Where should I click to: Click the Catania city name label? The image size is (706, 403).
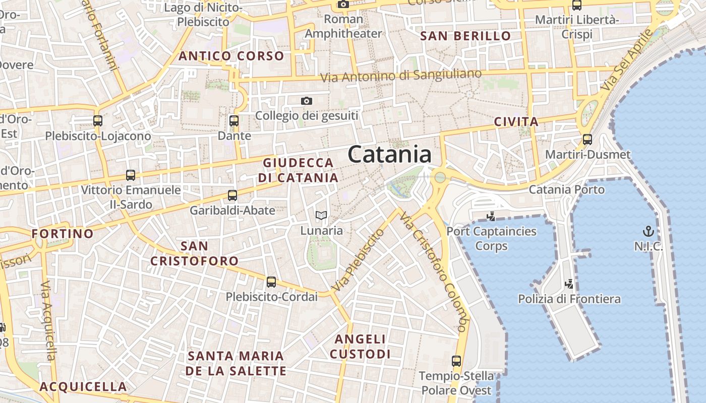[x=389, y=154]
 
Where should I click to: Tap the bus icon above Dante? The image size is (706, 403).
[x=233, y=121]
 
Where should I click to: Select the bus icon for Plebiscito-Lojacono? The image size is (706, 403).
[x=98, y=121]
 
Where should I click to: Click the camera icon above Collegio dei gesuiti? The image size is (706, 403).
[x=306, y=101]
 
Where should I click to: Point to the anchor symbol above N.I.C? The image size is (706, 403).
[x=648, y=231]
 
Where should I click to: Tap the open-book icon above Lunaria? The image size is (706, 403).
[x=321, y=216]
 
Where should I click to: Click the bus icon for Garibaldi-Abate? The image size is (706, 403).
[x=232, y=195]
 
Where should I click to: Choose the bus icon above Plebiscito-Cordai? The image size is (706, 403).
[x=271, y=282]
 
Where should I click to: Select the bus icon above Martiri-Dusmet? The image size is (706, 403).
[x=587, y=140]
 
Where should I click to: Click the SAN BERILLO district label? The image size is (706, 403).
[x=465, y=36]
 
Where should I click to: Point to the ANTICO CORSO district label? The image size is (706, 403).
[x=231, y=56]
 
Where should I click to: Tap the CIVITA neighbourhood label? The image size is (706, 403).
[x=516, y=121]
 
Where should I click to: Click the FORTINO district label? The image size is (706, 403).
[x=63, y=234]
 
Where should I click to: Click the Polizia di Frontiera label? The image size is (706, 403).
[x=569, y=299]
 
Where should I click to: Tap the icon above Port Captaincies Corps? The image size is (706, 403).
[x=491, y=217]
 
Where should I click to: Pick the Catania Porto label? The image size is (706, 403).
[x=566, y=189]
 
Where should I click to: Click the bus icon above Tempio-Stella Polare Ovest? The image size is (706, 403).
[x=456, y=361]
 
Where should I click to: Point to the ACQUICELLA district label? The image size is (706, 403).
[x=83, y=386]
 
